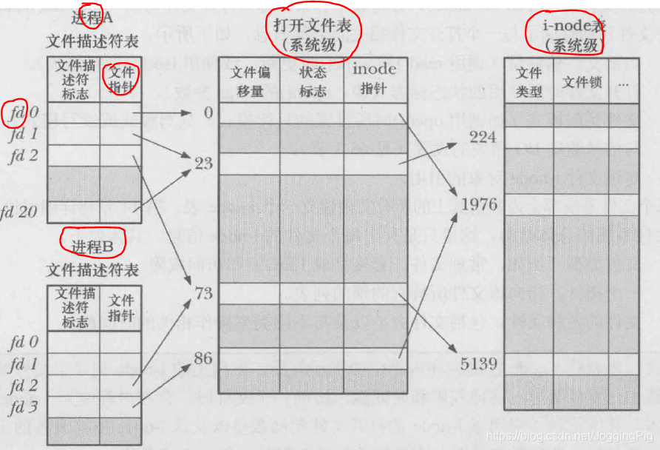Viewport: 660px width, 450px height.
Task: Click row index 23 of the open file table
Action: coord(203,164)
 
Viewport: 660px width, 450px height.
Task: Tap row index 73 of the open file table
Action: coord(203,294)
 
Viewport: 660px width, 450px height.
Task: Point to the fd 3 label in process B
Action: coord(24,407)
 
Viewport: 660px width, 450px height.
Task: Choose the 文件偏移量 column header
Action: coord(248,81)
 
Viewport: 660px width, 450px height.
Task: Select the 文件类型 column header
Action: coord(529,82)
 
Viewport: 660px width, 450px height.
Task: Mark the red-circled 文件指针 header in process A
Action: coord(120,81)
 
